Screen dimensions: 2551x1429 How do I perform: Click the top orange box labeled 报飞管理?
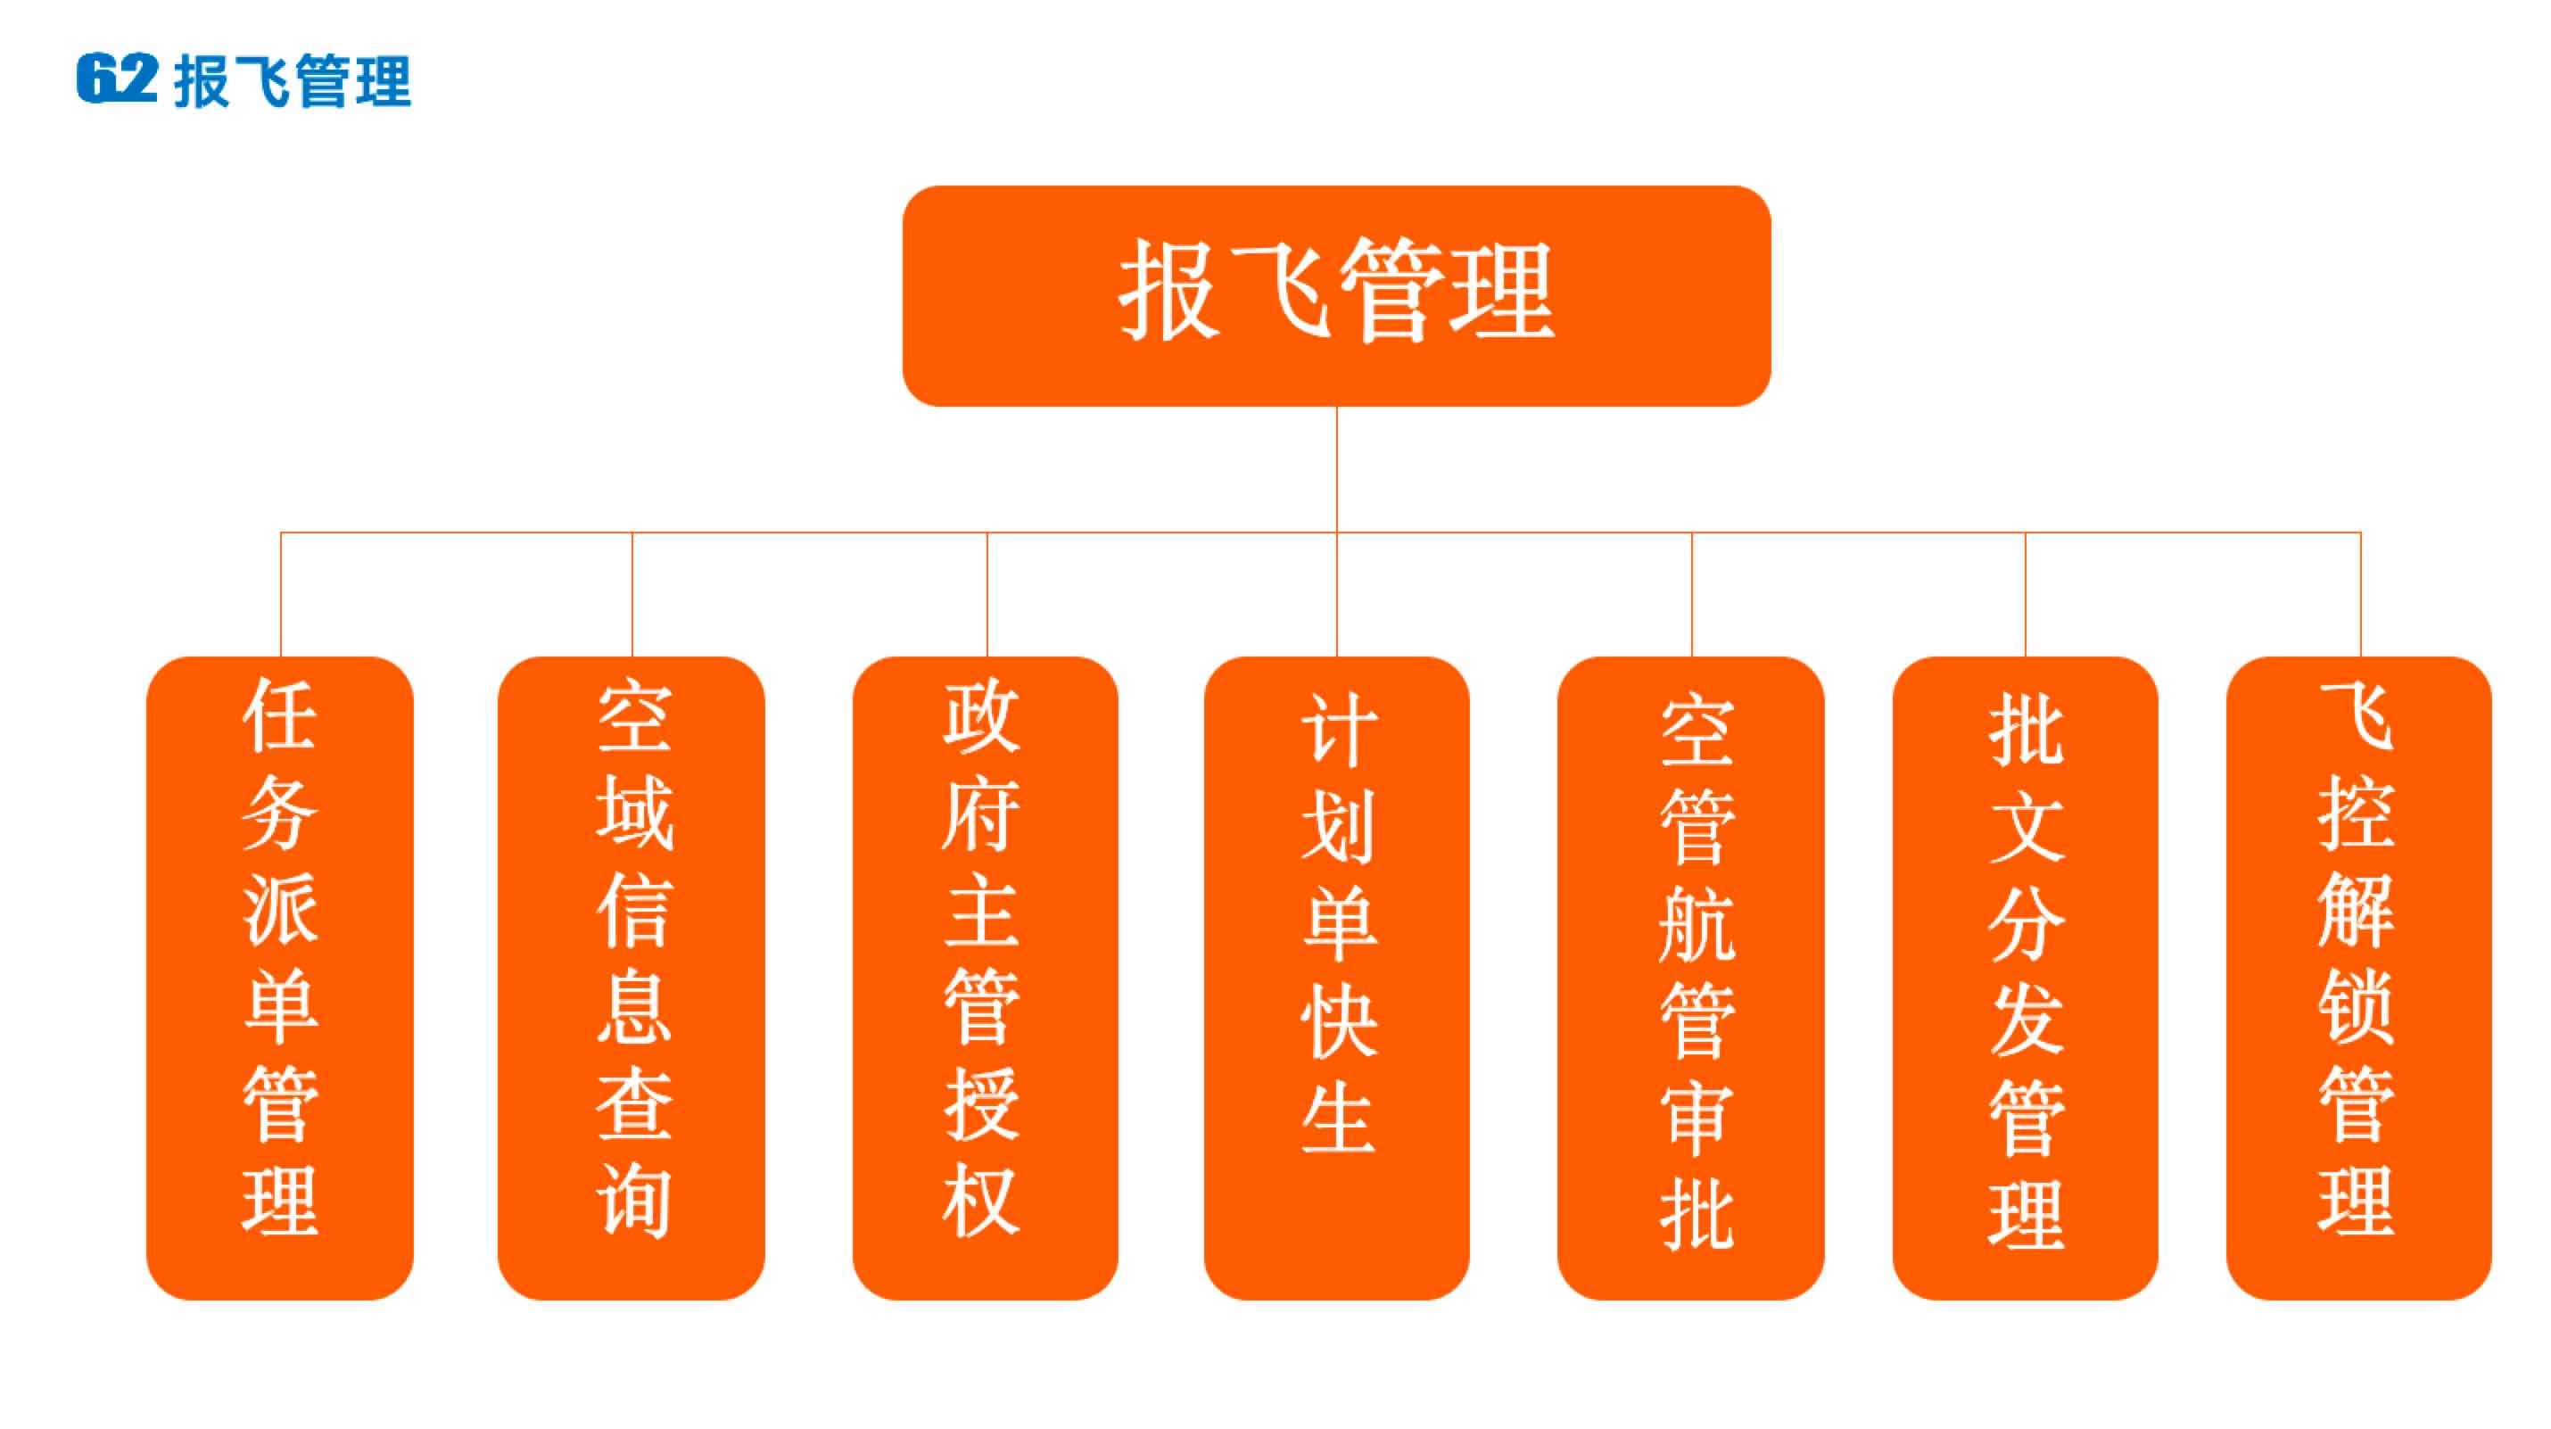1336,295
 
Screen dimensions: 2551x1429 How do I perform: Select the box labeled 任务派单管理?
280,978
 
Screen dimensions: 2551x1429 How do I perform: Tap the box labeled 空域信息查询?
632,978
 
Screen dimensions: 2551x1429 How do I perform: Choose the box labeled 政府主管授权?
986,978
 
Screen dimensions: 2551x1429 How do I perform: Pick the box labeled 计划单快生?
1337,978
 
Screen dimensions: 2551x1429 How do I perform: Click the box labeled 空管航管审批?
1690,978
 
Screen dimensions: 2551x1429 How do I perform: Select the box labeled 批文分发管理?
2025,978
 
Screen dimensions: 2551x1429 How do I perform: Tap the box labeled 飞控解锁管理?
2359,978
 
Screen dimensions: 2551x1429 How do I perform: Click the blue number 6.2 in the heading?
117,78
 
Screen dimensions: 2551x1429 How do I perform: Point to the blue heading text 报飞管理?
293,80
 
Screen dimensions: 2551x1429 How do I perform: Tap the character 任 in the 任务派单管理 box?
280,716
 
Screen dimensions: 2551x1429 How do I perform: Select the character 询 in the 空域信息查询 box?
634,1202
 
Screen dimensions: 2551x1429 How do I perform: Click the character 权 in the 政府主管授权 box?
980,1202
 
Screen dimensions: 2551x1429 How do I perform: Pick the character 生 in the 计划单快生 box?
1339,1117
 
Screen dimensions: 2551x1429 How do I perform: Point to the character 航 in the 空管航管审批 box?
1697,924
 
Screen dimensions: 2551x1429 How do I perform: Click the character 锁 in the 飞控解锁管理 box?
2356,1007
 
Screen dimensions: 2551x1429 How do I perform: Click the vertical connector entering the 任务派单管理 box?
281,594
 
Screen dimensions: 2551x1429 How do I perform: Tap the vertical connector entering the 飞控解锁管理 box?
2360,594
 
